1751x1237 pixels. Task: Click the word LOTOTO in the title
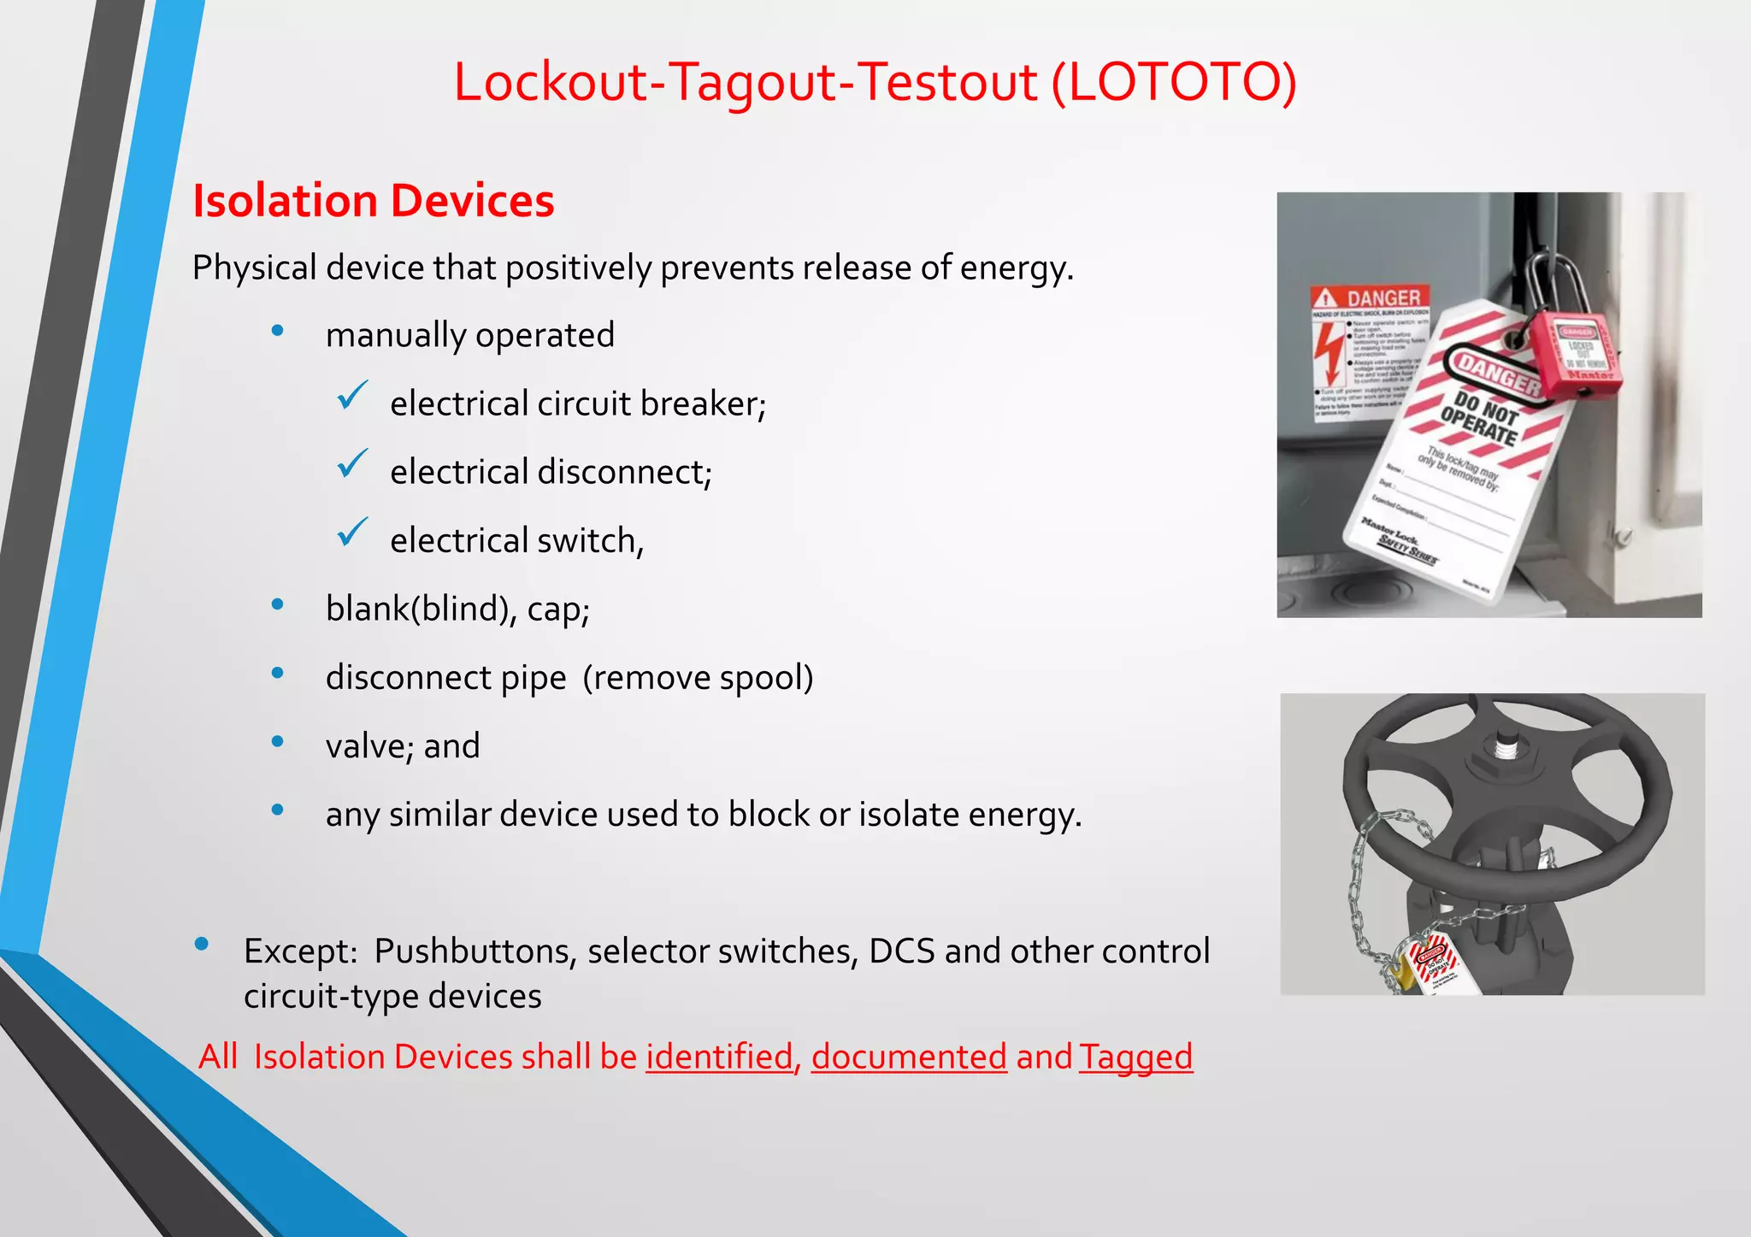pyautogui.click(x=1173, y=82)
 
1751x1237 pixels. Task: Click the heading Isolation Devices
pyautogui.click(x=374, y=201)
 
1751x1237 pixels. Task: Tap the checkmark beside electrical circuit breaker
pyautogui.click(x=352, y=395)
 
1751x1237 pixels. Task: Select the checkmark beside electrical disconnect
pyautogui.click(x=352, y=463)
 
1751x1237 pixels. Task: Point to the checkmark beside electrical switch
pyautogui.click(x=352, y=532)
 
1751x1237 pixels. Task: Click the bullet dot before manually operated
pyautogui.click(x=277, y=331)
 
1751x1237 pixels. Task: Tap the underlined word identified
pyautogui.click(x=720, y=1057)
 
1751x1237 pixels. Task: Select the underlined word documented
pyautogui.click(x=909, y=1057)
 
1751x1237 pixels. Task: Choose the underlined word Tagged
pyautogui.click(x=1135, y=1057)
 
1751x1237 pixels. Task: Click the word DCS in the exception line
pyautogui.click(x=901, y=951)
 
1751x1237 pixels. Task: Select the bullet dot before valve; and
pyautogui.click(x=277, y=741)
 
